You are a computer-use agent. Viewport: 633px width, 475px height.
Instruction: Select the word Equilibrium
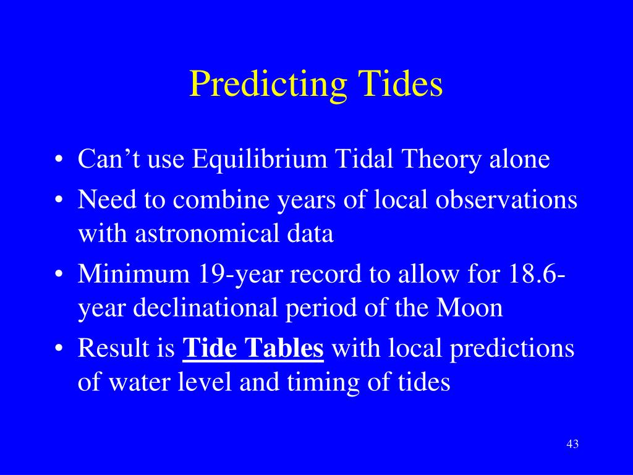[260, 160]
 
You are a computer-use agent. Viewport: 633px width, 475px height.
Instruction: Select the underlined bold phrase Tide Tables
[253, 349]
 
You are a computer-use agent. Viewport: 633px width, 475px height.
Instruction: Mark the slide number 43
[572, 445]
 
